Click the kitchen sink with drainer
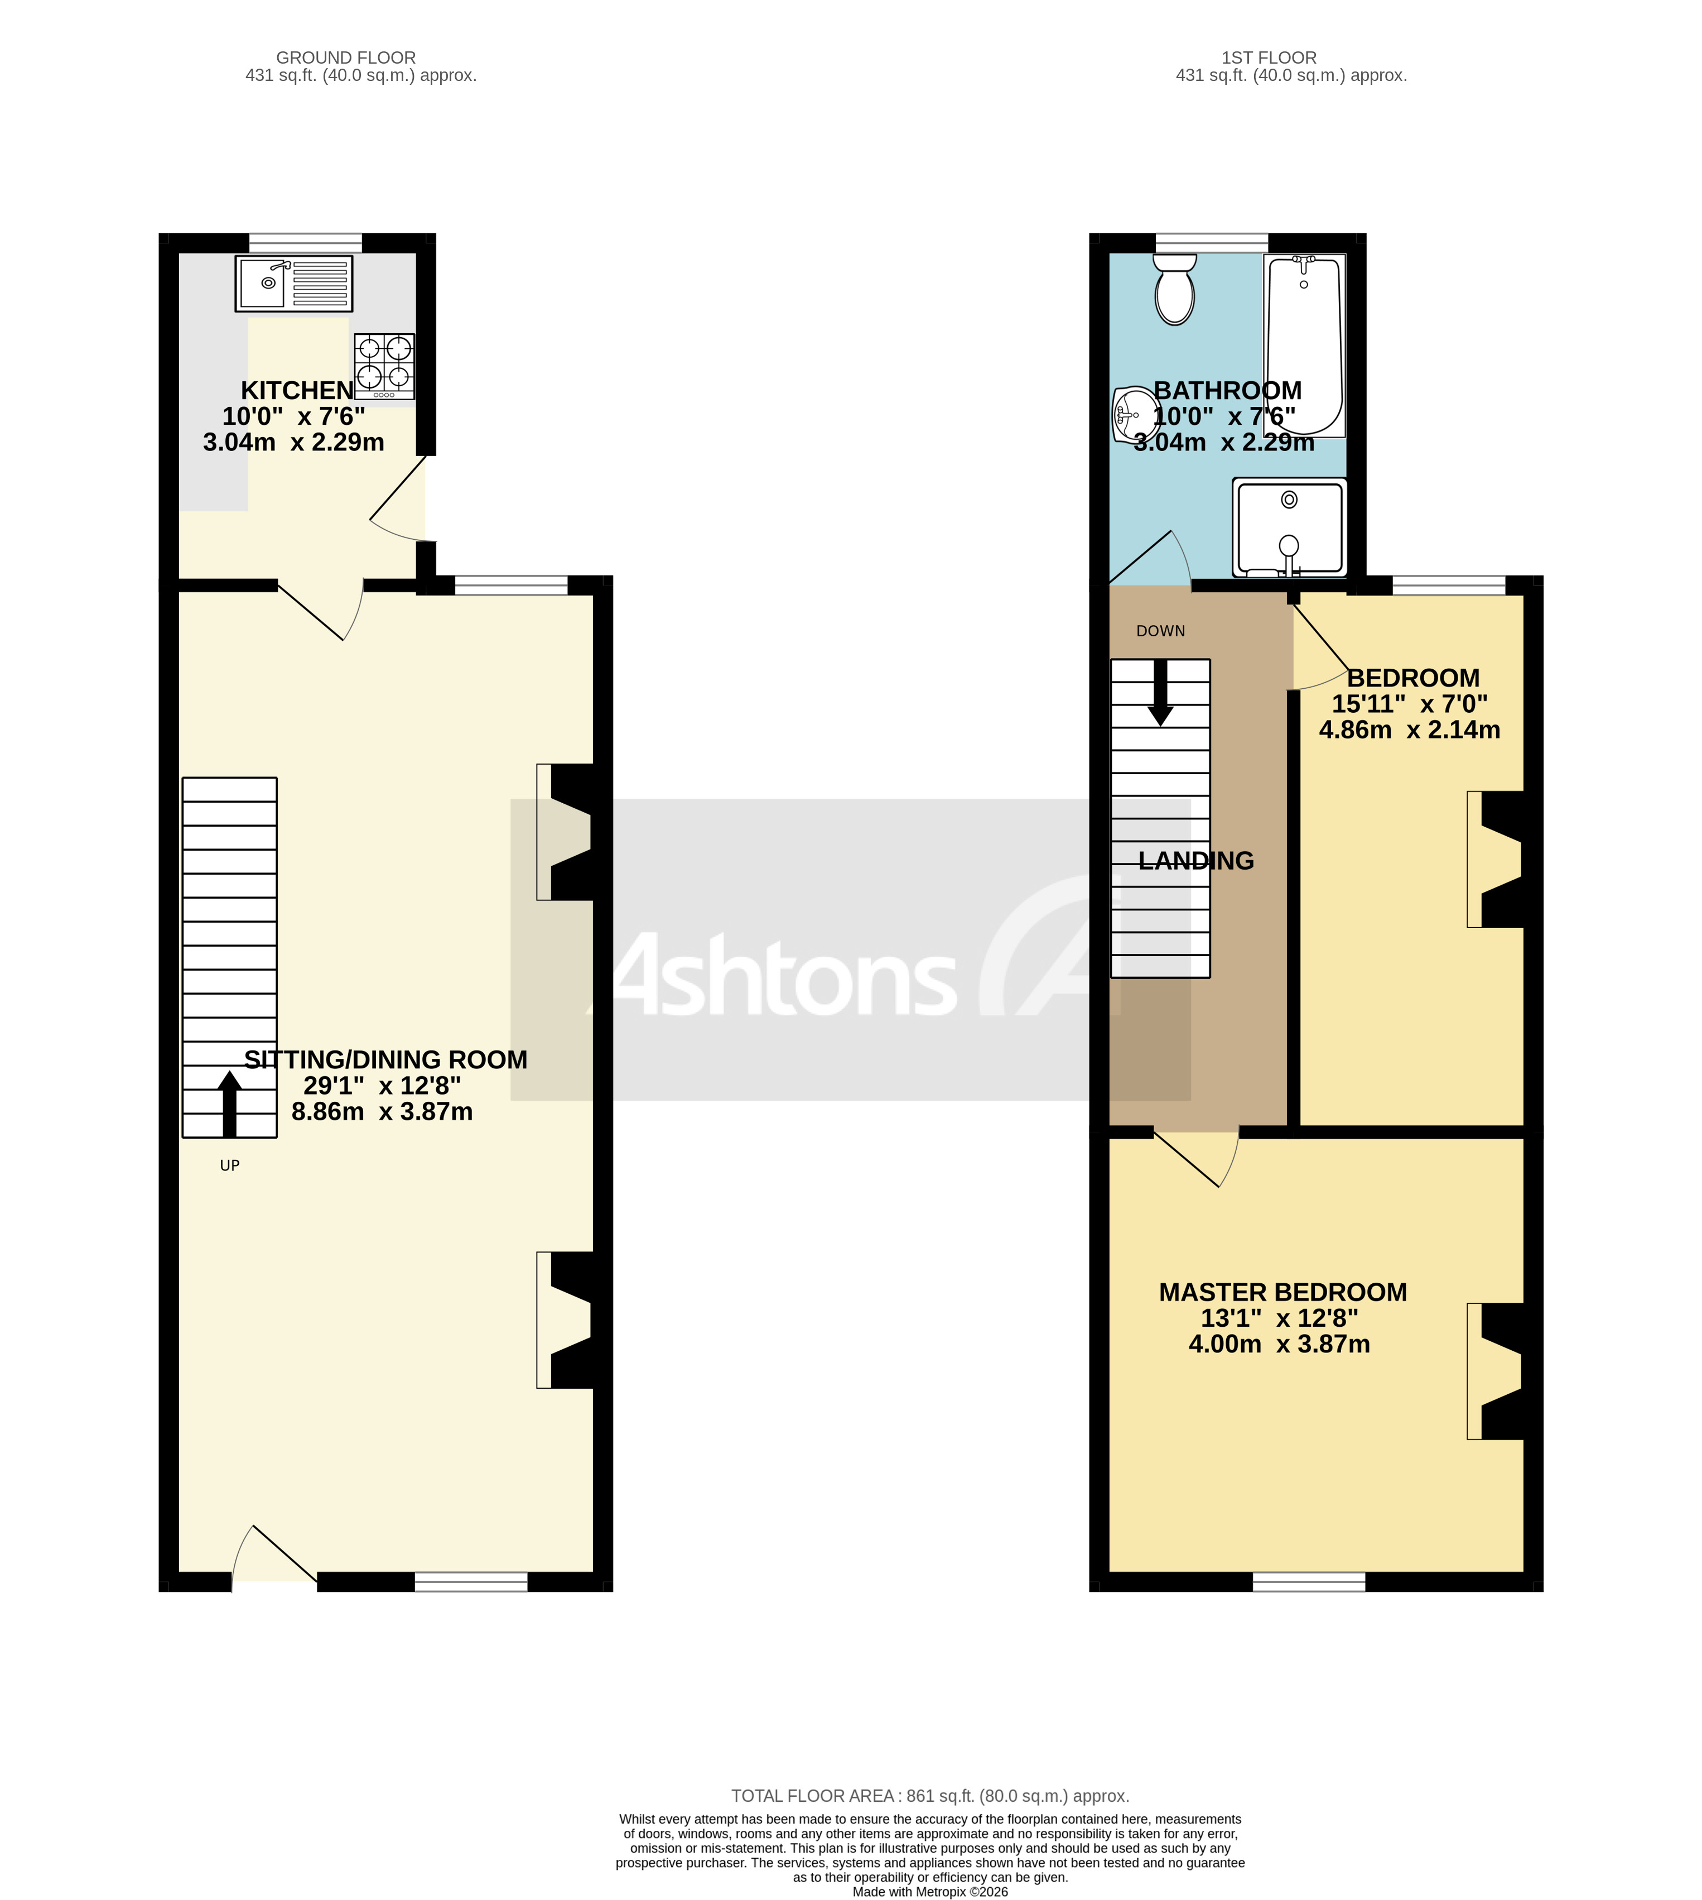point(293,284)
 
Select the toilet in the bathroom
point(1175,291)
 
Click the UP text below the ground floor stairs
point(229,1165)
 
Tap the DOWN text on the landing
point(1160,631)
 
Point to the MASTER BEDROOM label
point(1282,1292)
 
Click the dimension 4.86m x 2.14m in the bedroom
point(1409,730)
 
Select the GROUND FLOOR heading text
point(346,58)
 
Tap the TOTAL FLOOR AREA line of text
point(929,1796)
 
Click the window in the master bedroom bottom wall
point(1308,1582)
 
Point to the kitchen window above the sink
point(305,242)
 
